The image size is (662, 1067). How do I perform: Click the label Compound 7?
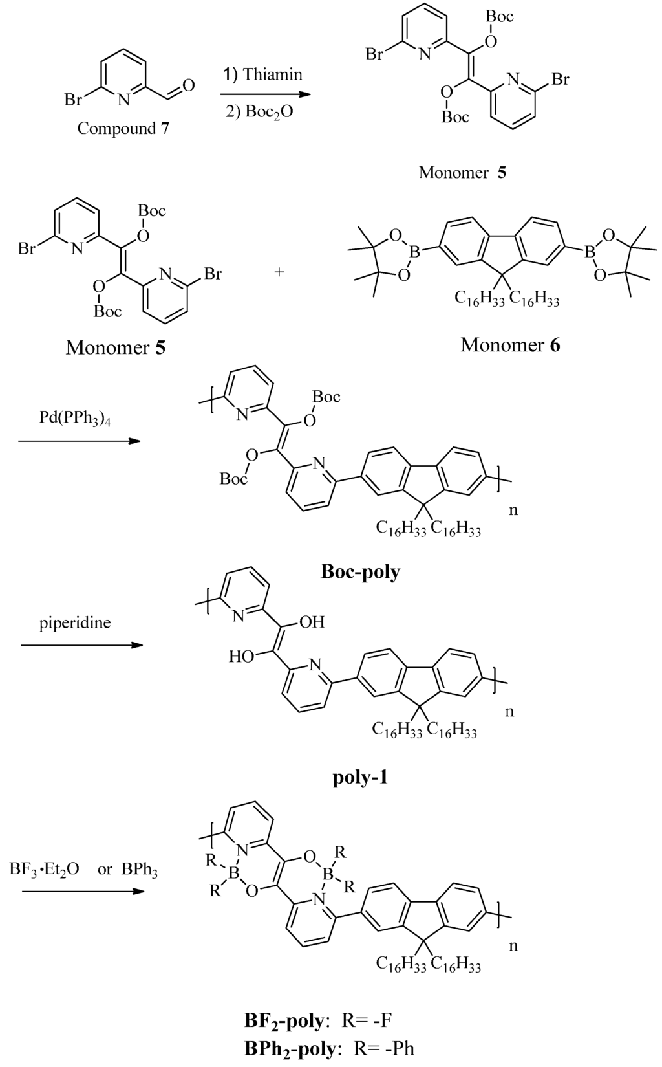click(x=123, y=129)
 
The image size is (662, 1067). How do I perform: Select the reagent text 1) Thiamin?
click(x=263, y=74)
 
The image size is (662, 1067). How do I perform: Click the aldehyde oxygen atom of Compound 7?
click(x=189, y=85)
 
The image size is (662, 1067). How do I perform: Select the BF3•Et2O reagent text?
click(x=45, y=869)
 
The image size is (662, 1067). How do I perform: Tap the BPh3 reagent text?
click(x=140, y=870)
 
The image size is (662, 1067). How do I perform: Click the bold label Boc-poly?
click(x=360, y=572)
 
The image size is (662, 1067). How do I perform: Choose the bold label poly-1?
click(x=360, y=776)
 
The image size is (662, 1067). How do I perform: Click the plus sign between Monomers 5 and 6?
click(x=279, y=272)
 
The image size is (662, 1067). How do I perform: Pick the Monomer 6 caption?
click(x=510, y=345)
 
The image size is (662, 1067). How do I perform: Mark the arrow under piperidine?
click(x=81, y=645)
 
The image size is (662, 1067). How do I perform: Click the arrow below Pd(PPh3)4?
click(x=79, y=441)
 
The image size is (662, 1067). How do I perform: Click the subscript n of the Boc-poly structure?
click(x=514, y=510)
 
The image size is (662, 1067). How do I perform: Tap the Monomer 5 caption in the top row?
click(x=462, y=172)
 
